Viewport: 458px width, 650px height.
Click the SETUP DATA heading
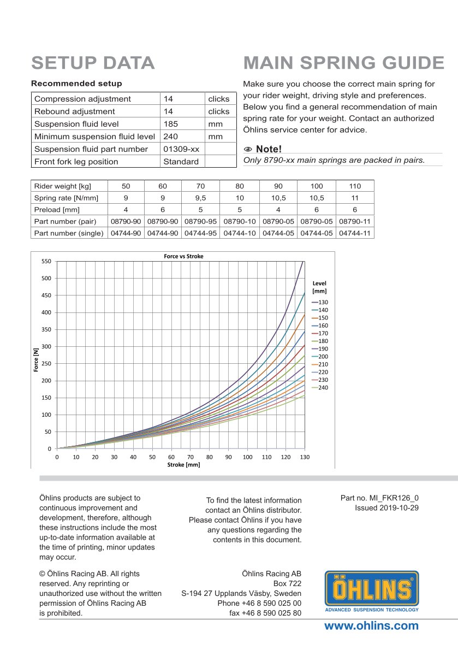[x=93, y=63]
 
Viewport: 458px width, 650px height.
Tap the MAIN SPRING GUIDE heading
[x=344, y=63]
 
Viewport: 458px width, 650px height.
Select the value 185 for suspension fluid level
[x=171, y=124]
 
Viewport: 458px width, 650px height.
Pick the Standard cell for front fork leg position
[x=181, y=162]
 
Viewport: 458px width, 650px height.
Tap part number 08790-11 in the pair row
[x=355, y=222]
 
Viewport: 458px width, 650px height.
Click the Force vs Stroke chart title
[x=183, y=256]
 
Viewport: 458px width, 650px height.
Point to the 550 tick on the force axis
[x=46, y=262]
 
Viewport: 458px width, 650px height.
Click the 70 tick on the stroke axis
[x=190, y=457]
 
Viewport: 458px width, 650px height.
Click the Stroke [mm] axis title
[x=183, y=465]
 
